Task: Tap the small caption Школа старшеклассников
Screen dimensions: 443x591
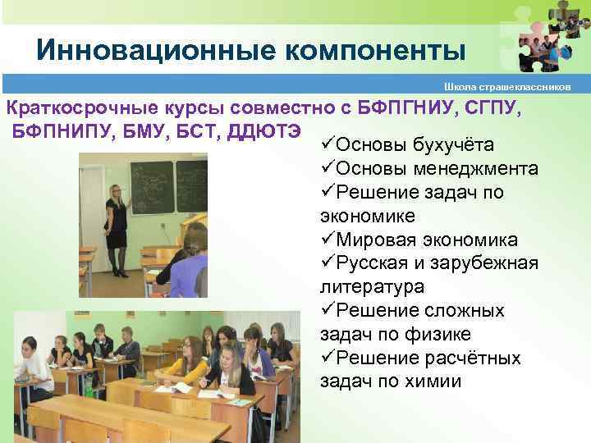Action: [x=513, y=86]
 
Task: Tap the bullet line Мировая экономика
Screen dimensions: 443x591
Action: [x=427, y=240]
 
